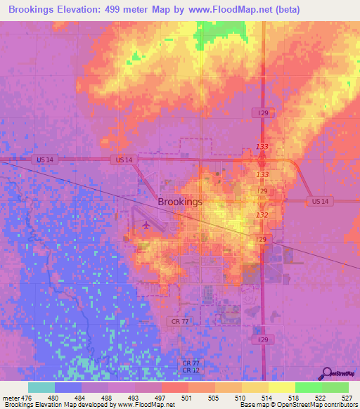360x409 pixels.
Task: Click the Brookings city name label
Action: pos(180,202)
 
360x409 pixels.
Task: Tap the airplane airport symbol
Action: pos(146,226)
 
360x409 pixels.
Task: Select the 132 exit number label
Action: pos(262,215)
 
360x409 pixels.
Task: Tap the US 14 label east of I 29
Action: pos(320,202)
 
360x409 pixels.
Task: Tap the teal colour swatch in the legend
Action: pos(41,387)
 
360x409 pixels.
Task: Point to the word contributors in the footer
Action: pos(335,405)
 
